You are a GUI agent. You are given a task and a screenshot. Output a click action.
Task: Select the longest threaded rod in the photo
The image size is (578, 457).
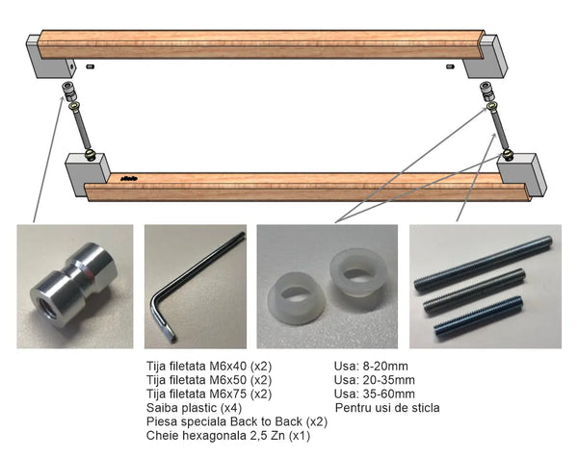484,265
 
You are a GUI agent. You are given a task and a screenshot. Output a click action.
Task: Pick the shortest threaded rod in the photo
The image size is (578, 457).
478,316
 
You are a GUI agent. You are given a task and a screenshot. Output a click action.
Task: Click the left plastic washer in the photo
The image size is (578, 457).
297,298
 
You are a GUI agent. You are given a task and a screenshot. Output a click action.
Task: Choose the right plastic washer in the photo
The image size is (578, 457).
358,272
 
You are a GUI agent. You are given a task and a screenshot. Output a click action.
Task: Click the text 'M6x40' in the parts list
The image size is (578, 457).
227,366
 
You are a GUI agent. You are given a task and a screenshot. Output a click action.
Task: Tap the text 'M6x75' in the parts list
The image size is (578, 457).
227,394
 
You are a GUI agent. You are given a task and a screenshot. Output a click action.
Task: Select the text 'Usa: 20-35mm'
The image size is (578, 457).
374,380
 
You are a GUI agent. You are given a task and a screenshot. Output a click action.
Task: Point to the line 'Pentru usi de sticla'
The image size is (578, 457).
387,408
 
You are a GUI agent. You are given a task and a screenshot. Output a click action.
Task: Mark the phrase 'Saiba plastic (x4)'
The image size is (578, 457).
194,408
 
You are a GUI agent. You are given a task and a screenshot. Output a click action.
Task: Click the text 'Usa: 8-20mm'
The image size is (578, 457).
371,366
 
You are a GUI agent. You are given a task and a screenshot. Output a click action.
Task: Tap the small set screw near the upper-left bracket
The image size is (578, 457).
90,66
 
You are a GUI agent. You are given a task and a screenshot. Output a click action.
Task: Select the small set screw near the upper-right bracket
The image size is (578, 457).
450,66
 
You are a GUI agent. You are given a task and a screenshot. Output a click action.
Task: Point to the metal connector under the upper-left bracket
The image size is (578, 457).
70,90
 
